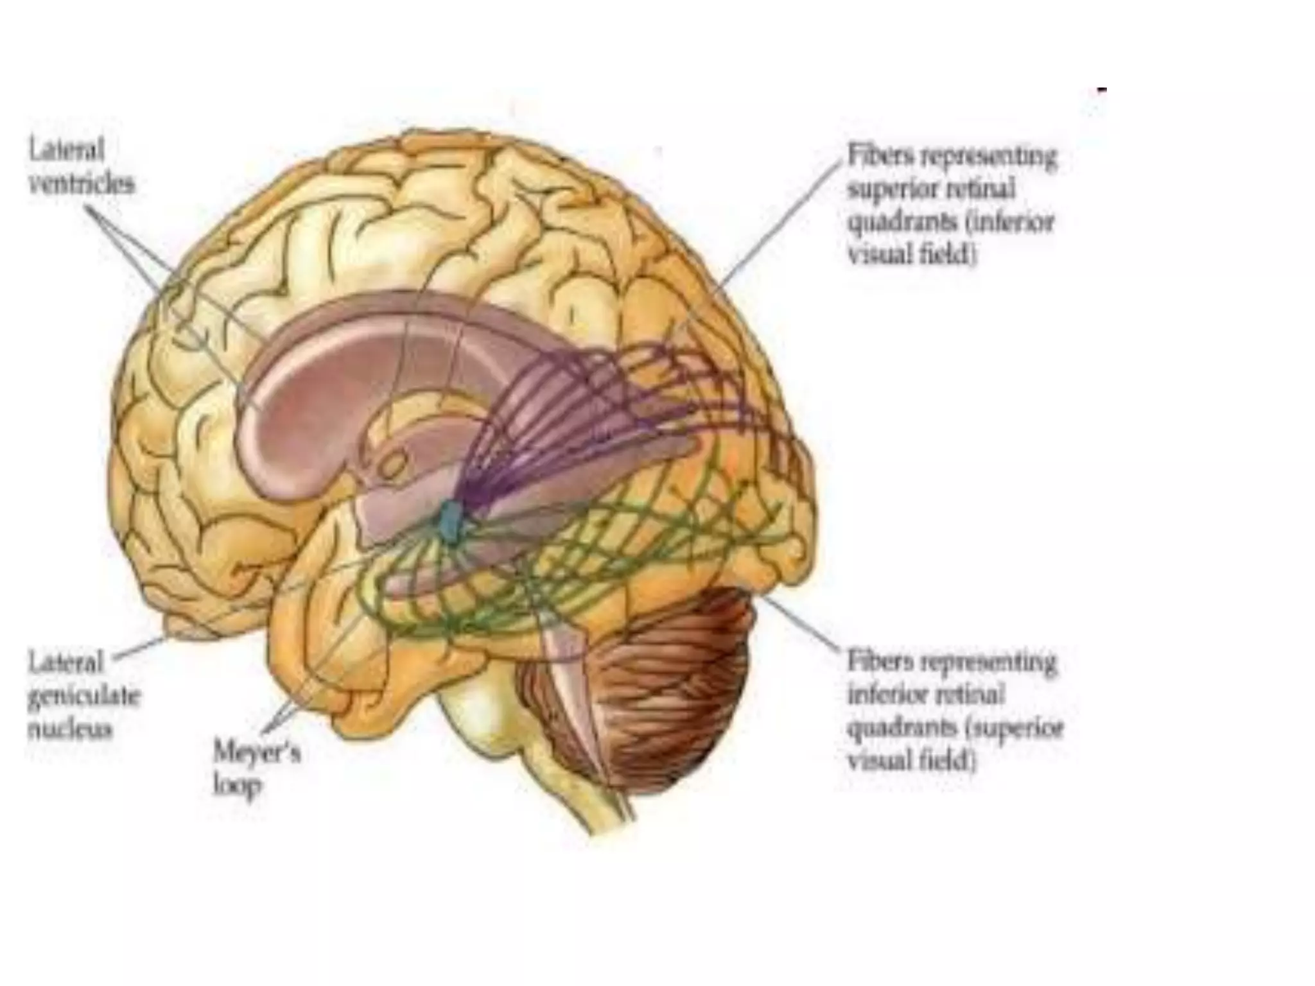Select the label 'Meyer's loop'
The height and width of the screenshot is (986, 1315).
click(256, 768)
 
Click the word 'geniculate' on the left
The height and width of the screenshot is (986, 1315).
click(83, 696)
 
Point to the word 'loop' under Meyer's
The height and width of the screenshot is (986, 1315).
click(236, 786)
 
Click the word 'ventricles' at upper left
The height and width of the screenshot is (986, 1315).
click(82, 185)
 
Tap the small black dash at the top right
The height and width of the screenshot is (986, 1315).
click(1102, 91)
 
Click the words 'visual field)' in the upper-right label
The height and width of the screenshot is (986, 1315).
click(912, 256)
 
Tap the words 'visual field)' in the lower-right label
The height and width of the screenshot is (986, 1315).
click(912, 762)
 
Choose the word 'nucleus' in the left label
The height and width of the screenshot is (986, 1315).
click(71, 731)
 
